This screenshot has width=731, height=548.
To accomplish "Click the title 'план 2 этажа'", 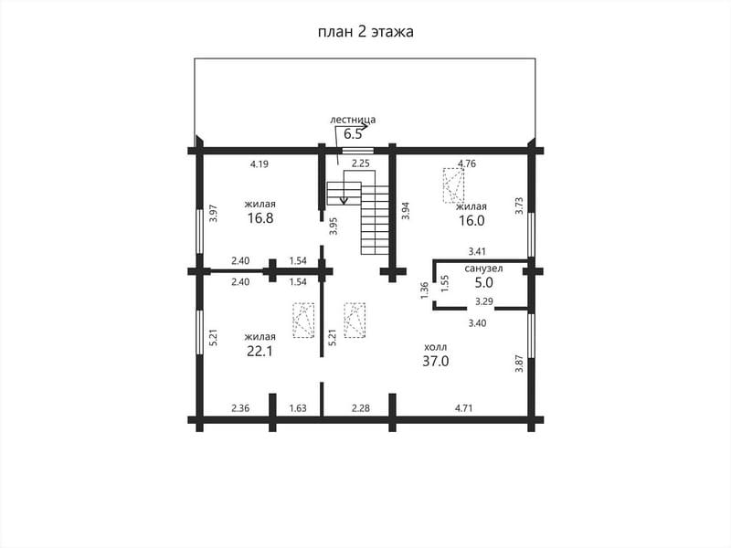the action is pyautogui.click(x=365, y=32).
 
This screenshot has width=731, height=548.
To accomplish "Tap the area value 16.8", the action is pyautogui.click(x=260, y=218).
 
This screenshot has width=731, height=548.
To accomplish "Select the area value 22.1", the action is pyautogui.click(x=260, y=351).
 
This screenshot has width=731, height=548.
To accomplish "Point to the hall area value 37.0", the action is pyautogui.click(x=436, y=361).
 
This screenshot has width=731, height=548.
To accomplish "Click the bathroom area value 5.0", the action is pyautogui.click(x=484, y=282).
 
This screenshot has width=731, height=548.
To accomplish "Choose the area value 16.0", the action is pyautogui.click(x=471, y=220).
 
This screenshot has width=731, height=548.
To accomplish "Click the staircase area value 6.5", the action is pyautogui.click(x=353, y=134).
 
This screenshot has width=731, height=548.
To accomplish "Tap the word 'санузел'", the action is pyautogui.click(x=483, y=269).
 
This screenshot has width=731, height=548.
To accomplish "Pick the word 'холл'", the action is pyautogui.click(x=436, y=347).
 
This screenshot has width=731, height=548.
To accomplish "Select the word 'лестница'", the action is pyautogui.click(x=353, y=120).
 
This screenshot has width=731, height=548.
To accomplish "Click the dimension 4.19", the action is pyautogui.click(x=260, y=164).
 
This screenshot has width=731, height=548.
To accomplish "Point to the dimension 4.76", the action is pyautogui.click(x=467, y=163).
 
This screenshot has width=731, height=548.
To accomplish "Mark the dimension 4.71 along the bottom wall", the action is pyautogui.click(x=464, y=408).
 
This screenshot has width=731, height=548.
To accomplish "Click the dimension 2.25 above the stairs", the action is pyautogui.click(x=360, y=163).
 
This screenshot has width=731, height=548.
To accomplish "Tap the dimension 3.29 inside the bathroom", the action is pyautogui.click(x=484, y=301).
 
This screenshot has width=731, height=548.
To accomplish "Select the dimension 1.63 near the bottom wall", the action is pyautogui.click(x=298, y=408).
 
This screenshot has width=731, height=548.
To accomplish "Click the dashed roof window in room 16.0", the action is pyautogui.click(x=453, y=185).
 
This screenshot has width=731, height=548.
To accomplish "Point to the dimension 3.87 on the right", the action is pyautogui.click(x=519, y=364).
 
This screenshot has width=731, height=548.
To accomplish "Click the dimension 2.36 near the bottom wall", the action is pyautogui.click(x=240, y=408).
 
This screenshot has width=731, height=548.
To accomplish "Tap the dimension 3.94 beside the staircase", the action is pyautogui.click(x=406, y=211).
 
